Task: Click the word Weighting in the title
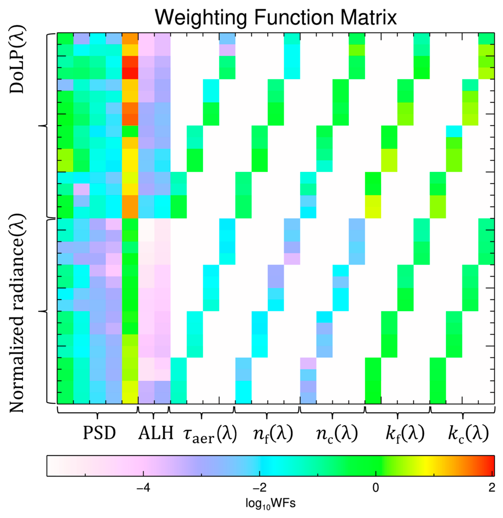200,18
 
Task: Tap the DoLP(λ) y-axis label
16,59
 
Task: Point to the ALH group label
156,433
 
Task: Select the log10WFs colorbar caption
270,504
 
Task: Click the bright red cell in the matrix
130,73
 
